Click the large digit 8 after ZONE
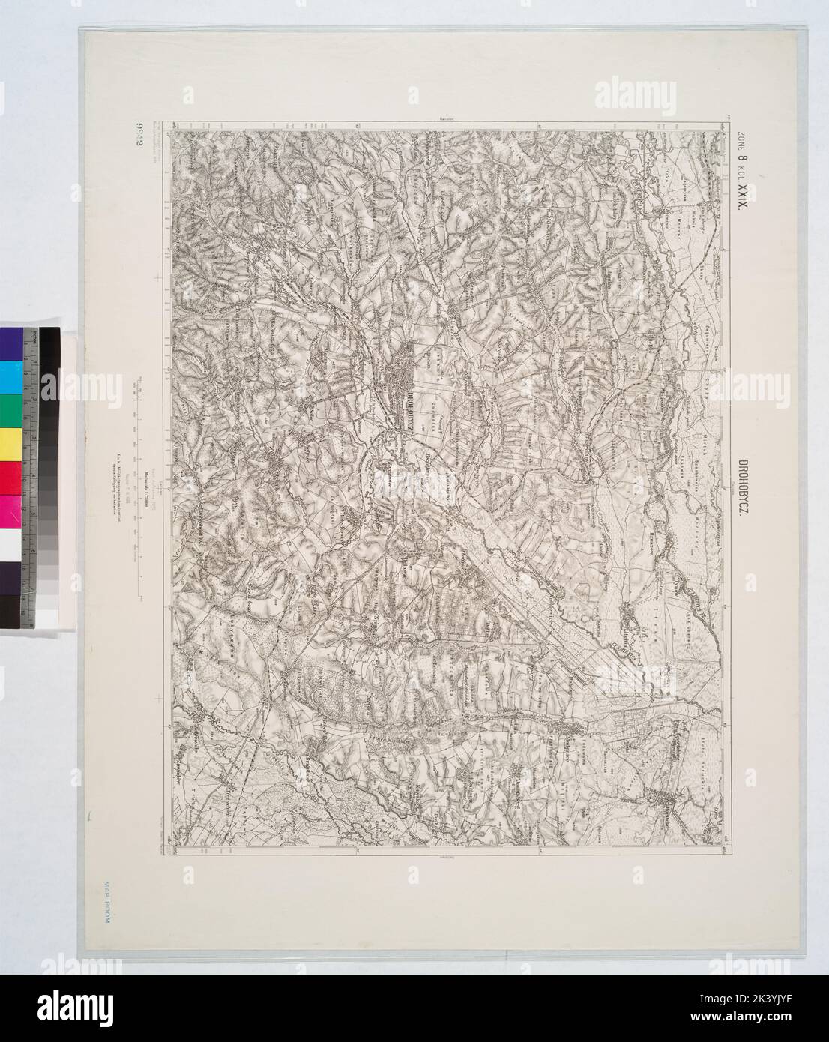744,159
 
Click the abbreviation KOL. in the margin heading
744,175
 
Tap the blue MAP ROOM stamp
103,907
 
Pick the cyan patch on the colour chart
10,375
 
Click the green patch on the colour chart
10,409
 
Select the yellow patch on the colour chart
10,442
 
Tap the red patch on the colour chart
10,476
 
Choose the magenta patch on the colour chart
10,510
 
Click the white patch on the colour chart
10,543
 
